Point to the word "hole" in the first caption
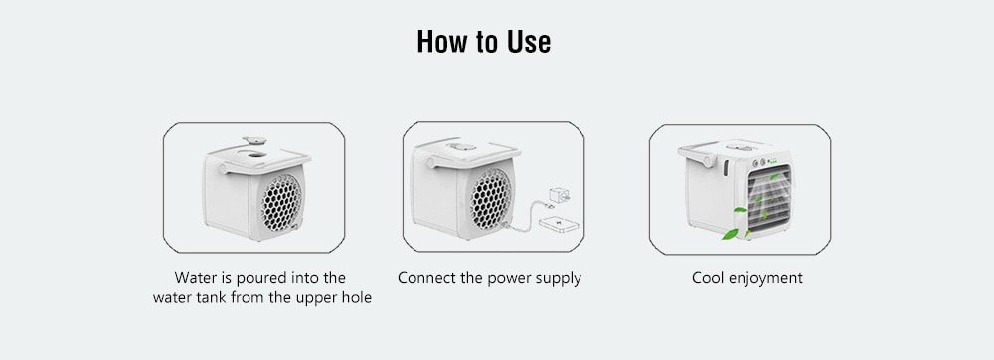[x=352, y=299]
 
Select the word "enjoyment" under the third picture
[x=766, y=278]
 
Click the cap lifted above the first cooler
[x=258, y=138]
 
